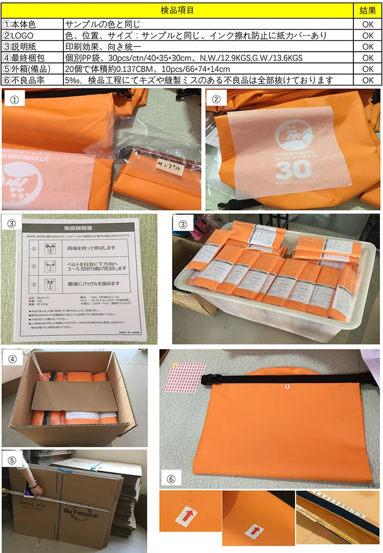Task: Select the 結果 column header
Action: pyautogui.click(x=368, y=10)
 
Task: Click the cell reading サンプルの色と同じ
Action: pyautogui.click(x=103, y=24)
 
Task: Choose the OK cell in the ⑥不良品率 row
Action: pyautogui.click(x=368, y=80)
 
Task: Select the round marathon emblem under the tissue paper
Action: pyautogui.click(x=292, y=135)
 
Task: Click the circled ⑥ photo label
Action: pyautogui.click(x=172, y=479)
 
